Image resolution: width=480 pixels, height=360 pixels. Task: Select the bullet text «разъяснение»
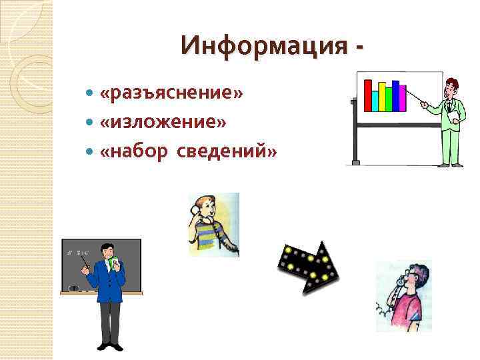[171, 95]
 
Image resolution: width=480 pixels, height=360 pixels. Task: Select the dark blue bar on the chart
[395, 95]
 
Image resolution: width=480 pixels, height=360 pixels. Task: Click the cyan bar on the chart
[375, 101]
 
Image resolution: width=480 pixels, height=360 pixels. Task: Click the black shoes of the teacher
[107, 345]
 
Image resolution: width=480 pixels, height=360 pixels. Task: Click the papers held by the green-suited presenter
[453, 117]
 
